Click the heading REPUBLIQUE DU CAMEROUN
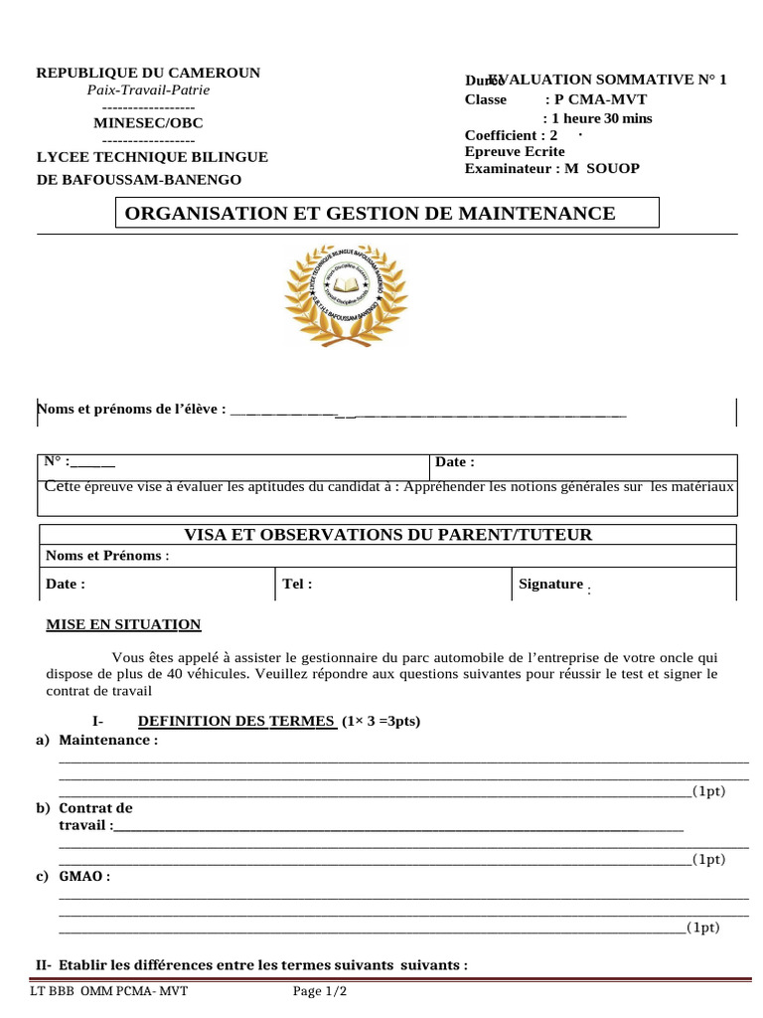pyautogui.click(x=148, y=73)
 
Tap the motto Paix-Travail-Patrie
pyautogui.click(x=148, y=89)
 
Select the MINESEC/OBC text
pyautogui.click(x=148, y=123)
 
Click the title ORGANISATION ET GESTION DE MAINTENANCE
pyautogui.click(x=369, y=213)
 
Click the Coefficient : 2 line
pyautogui.click(x=511, y=135)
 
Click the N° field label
pyautogui.click(x=56, y=461)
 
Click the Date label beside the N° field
pyautogui.click(x=455, y=461)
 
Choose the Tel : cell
pyautogui.click(x=297, y=584)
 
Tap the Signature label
pyautogui.click(x=550, y=584)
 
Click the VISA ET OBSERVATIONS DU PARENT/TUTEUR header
pyautogui.click(x=388, y=535)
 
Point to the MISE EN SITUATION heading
pyautogui.click(x=123, y=624)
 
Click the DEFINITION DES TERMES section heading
pyautogui.click(x=237, y=721)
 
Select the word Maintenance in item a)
pyautogui.click(x=108, y=741)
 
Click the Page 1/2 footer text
pyautogui.click(x=321, y=991)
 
